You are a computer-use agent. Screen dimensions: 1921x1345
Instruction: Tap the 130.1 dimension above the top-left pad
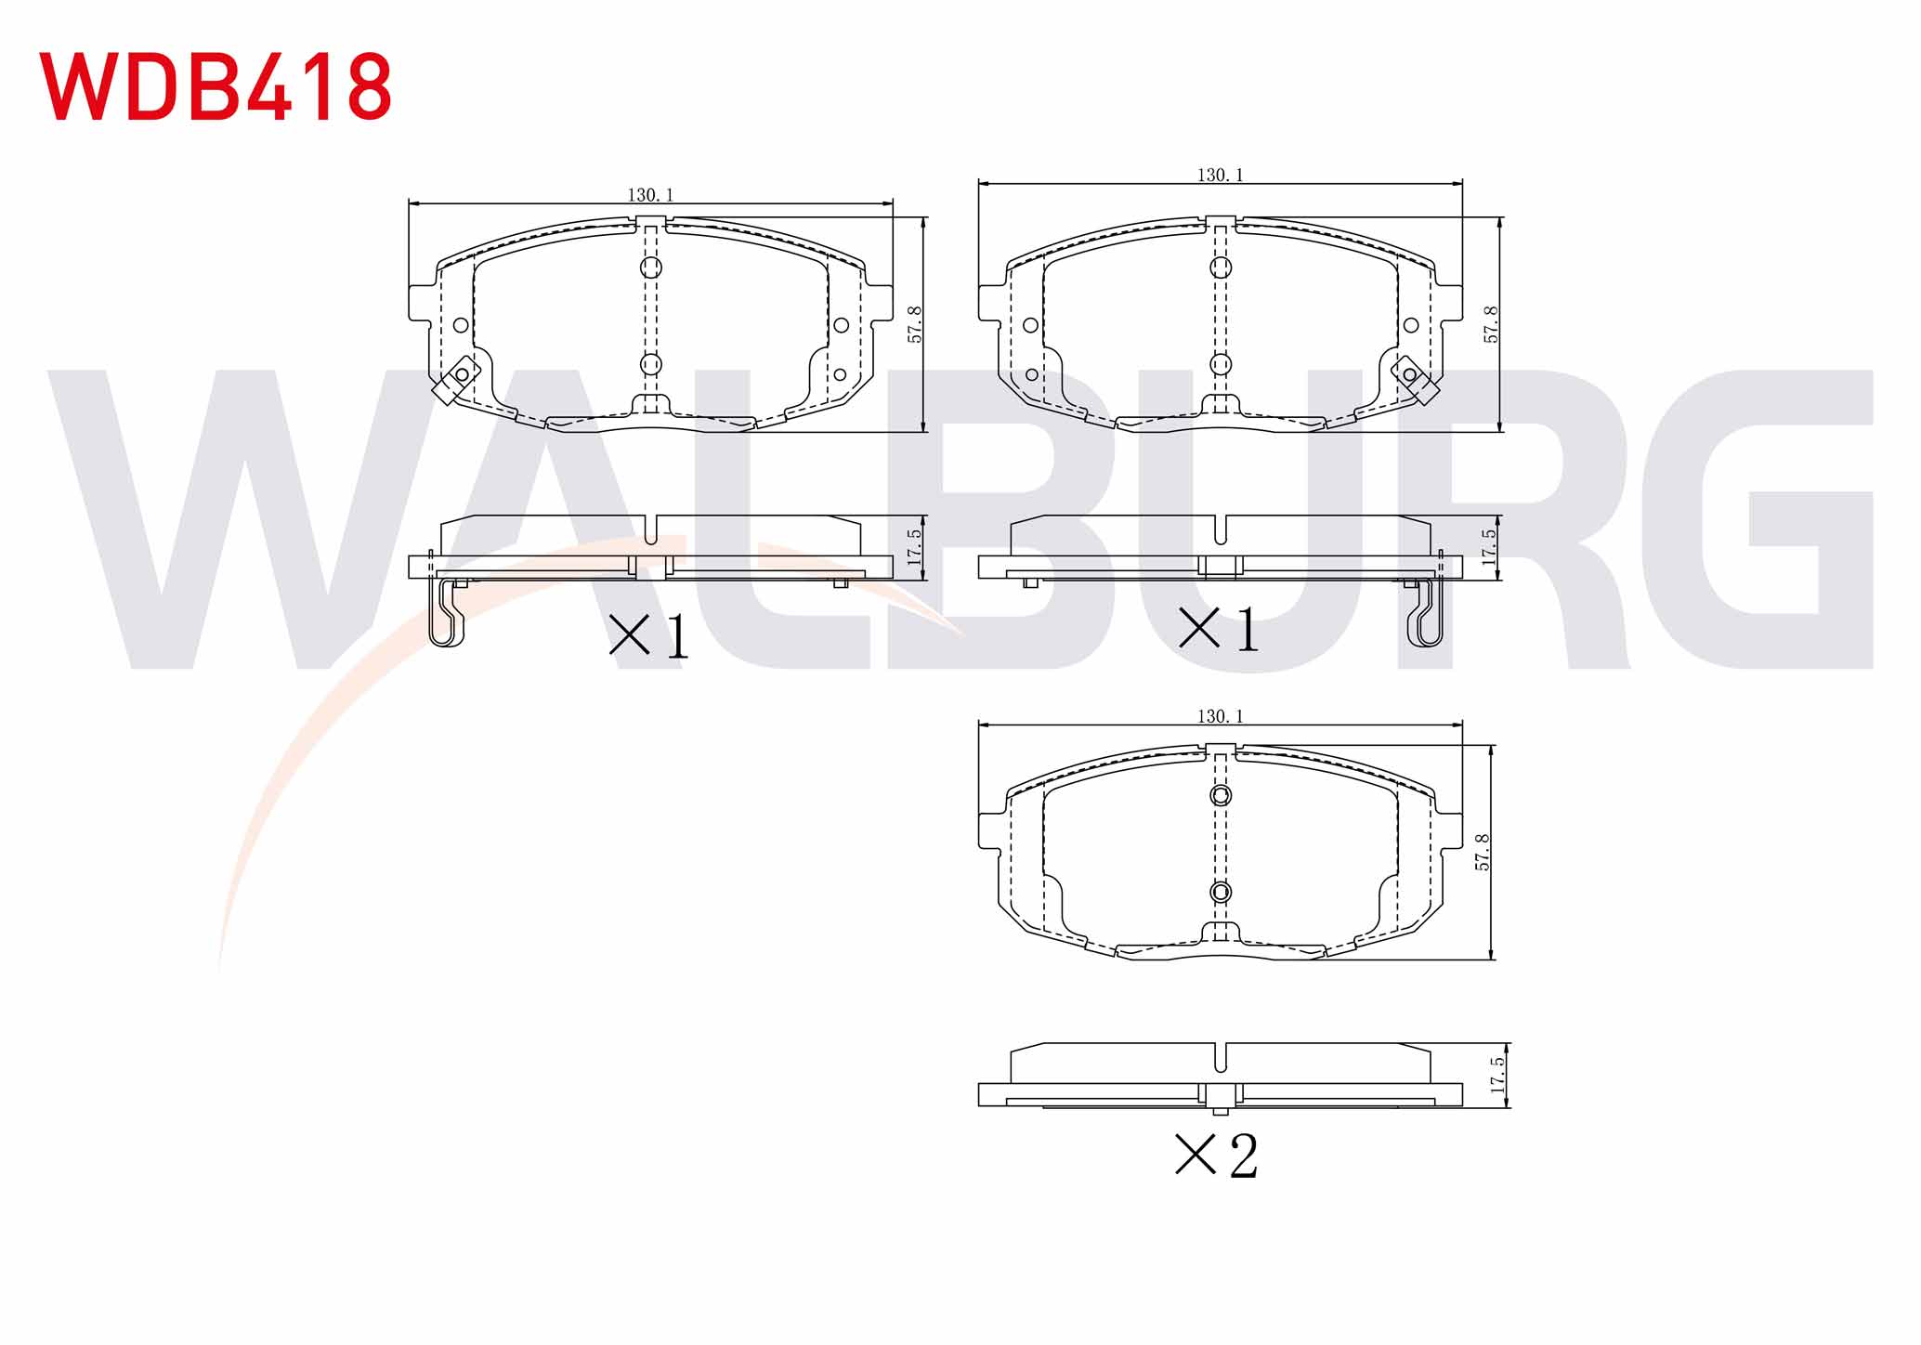(650, 195)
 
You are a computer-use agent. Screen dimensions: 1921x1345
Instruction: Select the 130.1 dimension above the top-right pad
(1220, 175)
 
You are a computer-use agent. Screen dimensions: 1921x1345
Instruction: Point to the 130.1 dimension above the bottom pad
(1220, 716)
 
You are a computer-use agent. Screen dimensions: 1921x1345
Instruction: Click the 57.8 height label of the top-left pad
(915, 325)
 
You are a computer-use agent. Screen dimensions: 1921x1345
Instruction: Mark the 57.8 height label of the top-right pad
(1491, 324)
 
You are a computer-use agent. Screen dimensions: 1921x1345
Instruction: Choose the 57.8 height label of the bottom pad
(1483, 852)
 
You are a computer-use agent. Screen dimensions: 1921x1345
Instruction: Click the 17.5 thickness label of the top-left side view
(915, 548)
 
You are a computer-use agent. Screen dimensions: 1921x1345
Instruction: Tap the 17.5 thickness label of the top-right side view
(1490, 548)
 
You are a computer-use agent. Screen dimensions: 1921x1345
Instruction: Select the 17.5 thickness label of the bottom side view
(1496, 1075)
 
